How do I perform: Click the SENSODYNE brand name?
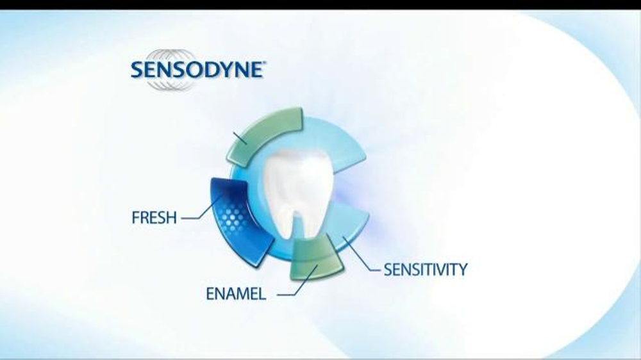click(x=197, y=70)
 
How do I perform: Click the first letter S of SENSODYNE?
click(x=137, y=70)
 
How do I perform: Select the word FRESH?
click(x=154, y=218)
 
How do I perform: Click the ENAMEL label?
click(x=235, y=294)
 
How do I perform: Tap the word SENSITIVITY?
click(x=425, y=269)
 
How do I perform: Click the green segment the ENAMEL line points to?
click(x=315, y=259)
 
